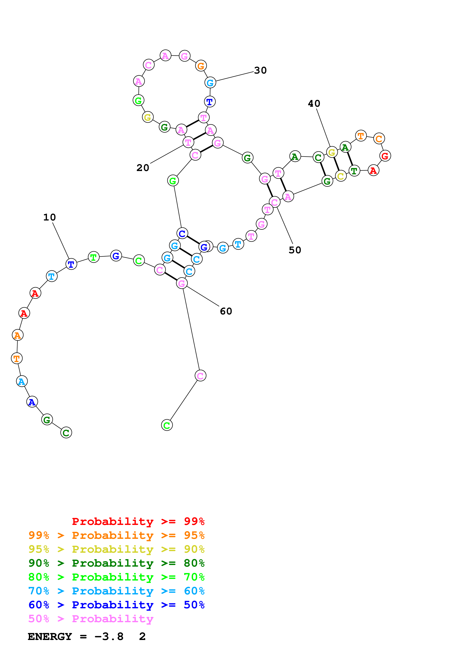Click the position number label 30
260,70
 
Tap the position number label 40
314,104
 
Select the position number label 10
49,217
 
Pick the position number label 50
295,250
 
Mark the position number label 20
143,168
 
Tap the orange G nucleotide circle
201,66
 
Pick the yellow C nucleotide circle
341,176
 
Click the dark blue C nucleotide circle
182,233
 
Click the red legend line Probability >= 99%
138,521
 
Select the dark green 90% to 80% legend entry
116,563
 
